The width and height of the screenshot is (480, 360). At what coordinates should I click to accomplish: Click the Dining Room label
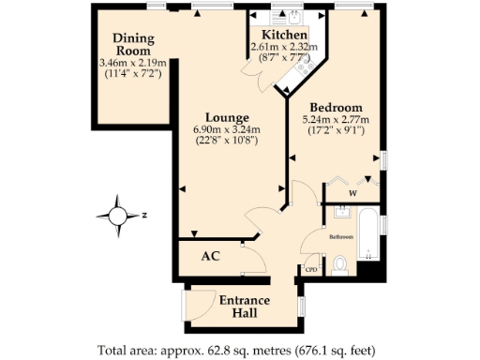pos(133,44)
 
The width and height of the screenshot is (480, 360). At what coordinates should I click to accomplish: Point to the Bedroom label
pos(335,107)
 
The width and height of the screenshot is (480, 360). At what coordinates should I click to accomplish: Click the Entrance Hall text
pos(245,307)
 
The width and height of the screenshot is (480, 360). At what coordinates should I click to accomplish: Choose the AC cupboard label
pos(211,255)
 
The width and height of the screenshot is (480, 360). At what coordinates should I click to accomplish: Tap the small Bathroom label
pos(340,237)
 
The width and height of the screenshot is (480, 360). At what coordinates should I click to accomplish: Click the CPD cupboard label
pos(312,270)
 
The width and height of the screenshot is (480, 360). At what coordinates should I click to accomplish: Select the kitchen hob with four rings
pos(304,68)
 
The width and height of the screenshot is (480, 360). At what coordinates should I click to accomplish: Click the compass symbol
pos(119,216)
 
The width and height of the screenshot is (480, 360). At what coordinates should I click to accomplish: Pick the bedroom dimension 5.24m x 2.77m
pos(335,120)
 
